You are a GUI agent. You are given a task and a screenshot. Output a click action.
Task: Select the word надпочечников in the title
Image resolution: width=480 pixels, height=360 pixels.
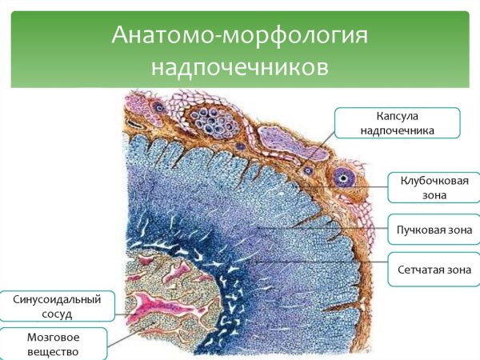[238, 66]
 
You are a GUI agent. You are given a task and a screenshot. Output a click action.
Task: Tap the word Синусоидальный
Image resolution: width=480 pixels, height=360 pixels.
[58, 299]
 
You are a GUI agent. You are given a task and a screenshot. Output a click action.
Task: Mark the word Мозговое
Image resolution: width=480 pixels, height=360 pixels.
[52, 337]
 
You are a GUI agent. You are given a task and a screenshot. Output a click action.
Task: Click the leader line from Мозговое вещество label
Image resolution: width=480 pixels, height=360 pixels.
[120, 336]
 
